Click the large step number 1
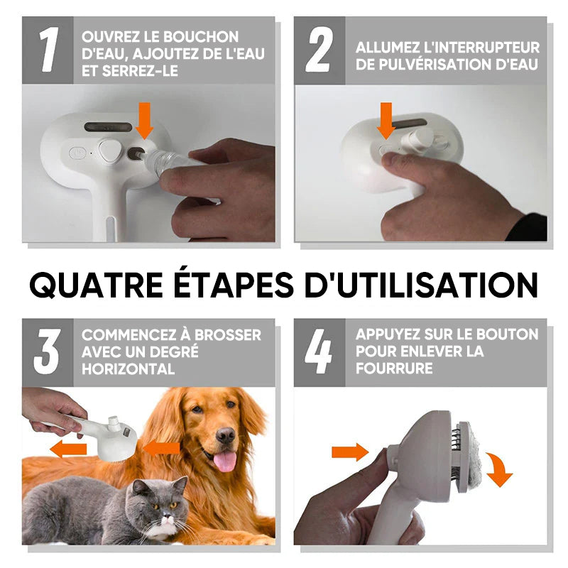click(48, 50)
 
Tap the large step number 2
click(318, 50)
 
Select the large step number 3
click(46, 351)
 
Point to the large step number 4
click(318, 351)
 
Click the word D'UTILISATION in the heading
click(421, 285)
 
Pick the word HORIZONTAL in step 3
click(129, 369)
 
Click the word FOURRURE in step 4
click(394, 368)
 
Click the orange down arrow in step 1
click(145, 121)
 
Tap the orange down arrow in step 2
click(386, 121)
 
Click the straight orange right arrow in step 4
click(350, 452)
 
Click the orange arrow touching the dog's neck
click(162, 448)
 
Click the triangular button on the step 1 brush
click(109, 151)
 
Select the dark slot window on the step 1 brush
click(109, 127)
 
